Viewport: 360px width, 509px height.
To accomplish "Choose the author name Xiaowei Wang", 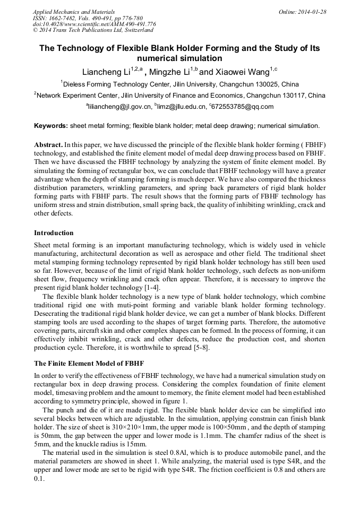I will click(x=243, y=72).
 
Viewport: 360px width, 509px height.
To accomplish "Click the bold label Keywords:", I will click(x=50, y=126).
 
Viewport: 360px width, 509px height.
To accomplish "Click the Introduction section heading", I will click(x=54, y=232).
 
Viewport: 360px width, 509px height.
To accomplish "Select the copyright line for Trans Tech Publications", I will click(x=93, y=30).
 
